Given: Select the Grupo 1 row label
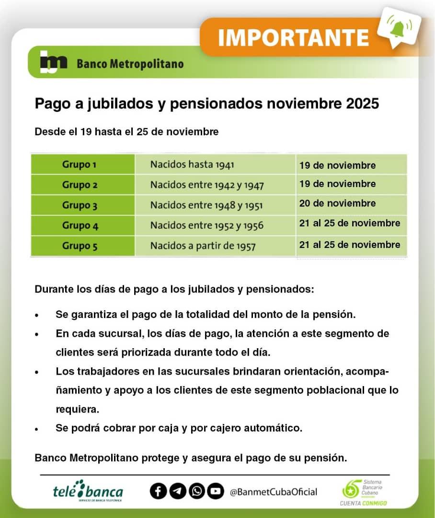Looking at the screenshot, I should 79,165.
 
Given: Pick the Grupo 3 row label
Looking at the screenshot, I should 79,205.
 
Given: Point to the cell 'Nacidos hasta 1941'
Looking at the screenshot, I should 192,165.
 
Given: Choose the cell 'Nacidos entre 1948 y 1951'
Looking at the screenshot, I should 206,205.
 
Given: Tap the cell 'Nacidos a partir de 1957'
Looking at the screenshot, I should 203,246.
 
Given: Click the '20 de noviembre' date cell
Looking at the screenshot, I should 337,203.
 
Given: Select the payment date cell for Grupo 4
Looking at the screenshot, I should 350,223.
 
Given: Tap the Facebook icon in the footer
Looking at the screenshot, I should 158,491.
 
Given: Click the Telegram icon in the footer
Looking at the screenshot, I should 178,491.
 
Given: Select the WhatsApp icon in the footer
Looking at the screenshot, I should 197,491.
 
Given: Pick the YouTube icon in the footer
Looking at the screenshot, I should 216,491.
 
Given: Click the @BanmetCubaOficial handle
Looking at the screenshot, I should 274,492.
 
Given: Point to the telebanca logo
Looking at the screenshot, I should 88,491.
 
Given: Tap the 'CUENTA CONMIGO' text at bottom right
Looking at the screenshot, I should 363,503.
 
